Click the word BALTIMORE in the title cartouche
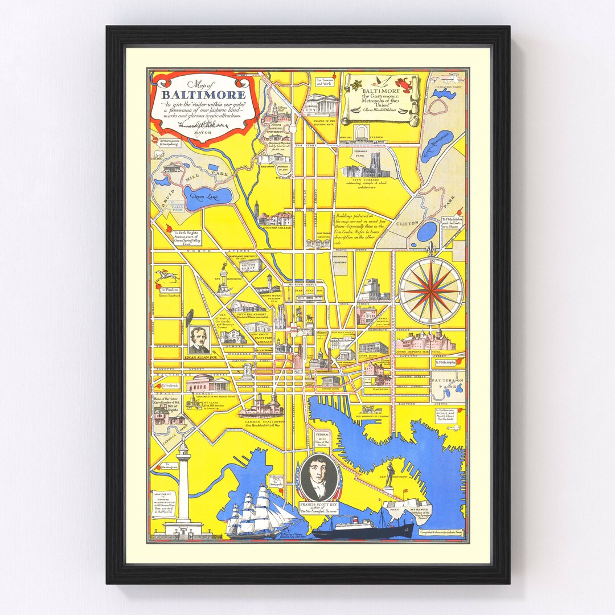pyautogui.click(x=203, y=95)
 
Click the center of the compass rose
pyautogui.click(x=430, y=290)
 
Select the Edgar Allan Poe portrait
pyautogui.click(x=199, y=340)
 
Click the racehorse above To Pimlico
pyautogui.click(x=167, y=276)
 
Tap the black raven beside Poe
pyautogui.click(x=190, y=317)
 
